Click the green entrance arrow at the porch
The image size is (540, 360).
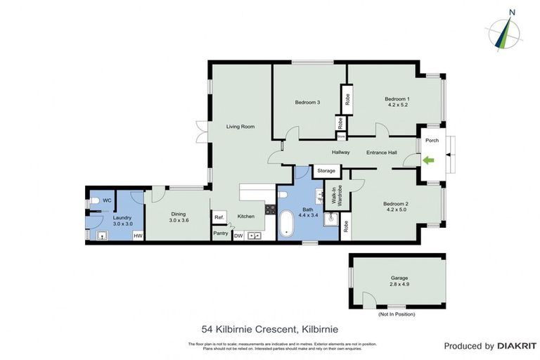(x=427, y=161)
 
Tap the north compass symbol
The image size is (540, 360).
(x=504, y=31)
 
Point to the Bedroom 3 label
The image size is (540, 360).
(x=307, y=103)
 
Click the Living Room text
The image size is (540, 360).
(x=240, y=127)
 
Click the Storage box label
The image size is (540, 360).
(x=326, y=171)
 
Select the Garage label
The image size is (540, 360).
(x=399, y=278)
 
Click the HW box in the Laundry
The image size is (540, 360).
(x=138, y=236)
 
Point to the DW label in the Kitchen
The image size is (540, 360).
(x=238, y=236)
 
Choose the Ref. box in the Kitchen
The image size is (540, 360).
(x=219, y=217)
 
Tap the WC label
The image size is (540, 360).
(x=108, y=200)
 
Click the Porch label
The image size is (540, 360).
(x=432, y=140)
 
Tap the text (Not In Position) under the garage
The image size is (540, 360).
(x=397, y=314)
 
